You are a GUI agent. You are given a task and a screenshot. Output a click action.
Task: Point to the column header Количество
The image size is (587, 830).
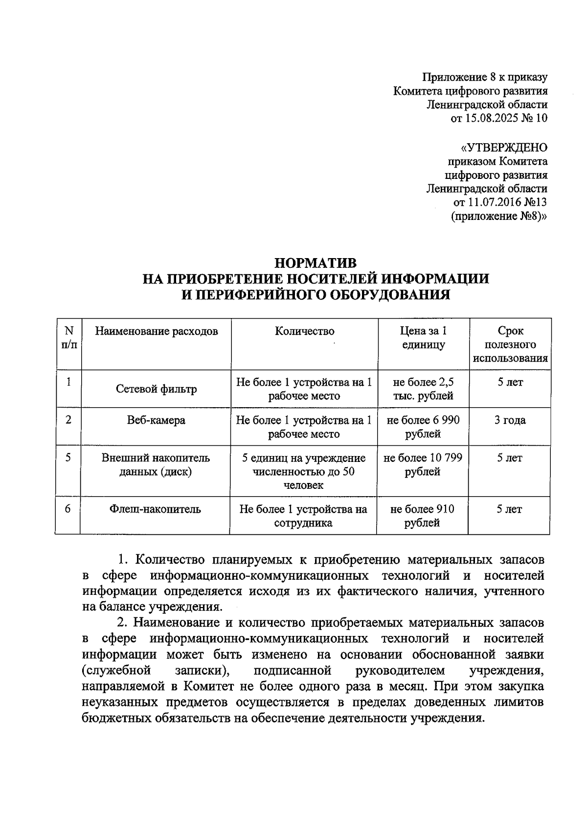tap(304, 331)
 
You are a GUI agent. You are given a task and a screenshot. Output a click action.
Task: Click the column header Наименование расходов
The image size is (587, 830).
tap(156, 331)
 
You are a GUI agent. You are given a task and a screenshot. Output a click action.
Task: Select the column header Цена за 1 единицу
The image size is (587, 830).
tap(423, 338)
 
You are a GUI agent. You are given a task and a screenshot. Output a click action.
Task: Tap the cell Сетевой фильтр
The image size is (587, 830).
tap(156, 389)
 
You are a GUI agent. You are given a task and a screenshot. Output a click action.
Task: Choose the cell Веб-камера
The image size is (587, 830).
tap(156, 420)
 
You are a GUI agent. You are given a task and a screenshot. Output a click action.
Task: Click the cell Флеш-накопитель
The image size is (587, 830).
tap(155, 509)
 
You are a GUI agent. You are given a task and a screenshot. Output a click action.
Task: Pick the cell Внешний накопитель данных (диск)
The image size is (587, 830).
tap(156, 465)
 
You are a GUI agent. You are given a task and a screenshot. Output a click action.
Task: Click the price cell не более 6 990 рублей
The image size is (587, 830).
tap(423, 427)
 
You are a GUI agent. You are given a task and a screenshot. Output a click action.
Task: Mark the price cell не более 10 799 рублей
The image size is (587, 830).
tap(423, 465)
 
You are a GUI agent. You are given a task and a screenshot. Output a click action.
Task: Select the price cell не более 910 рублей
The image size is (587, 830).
tap(422, 516)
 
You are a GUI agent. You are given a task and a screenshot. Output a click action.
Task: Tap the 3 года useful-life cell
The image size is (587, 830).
tap(510, 420)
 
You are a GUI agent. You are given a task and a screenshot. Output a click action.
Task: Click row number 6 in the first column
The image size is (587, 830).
tap(68, 509)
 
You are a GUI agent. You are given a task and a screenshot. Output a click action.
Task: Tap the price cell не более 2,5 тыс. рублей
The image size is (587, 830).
tap(423, 389)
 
